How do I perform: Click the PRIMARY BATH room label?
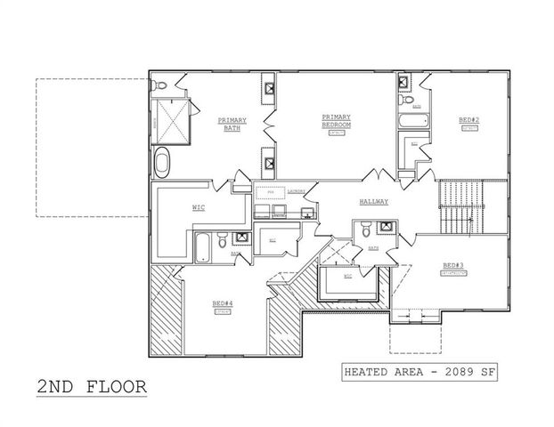click(232, 124)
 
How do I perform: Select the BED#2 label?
click(469, 119)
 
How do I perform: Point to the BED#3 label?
click(453, 265)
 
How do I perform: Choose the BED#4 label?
click(222, 303)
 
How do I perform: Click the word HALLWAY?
click(374, 202)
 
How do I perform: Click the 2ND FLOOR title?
click(90, 387)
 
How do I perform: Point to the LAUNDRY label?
click(297, 189)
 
